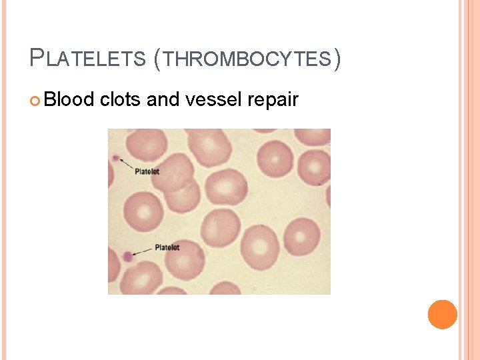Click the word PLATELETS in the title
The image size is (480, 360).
pos(87,59)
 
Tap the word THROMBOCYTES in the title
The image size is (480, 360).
pos(247,59)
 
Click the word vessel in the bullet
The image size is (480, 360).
pos(207,100)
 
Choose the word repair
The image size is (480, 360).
pos(272,100)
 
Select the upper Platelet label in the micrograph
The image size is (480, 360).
pos(147,171)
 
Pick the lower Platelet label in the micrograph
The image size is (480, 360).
pos(167,247)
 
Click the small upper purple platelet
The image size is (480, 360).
pos(116,159)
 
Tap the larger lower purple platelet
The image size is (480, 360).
pos(127,255)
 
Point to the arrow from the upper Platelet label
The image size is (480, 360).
pos(126,164)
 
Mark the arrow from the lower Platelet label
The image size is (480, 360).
pos(143,251)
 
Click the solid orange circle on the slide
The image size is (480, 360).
pos(443,315)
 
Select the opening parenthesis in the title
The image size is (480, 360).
pos(157,59)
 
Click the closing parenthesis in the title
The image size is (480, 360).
pos(337,59)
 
